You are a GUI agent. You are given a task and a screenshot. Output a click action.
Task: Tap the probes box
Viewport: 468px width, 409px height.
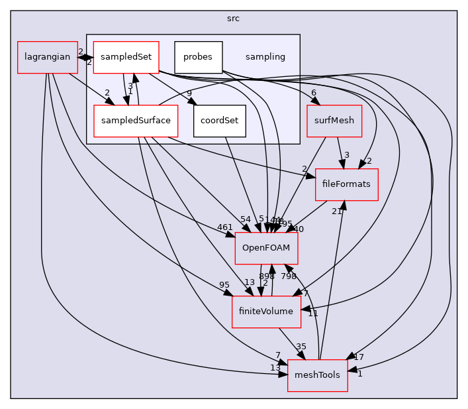click(x=198, y=57)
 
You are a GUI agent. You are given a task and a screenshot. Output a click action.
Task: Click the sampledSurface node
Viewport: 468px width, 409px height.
click(x=135, y=120)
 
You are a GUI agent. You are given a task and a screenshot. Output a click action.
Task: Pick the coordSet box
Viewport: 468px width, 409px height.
click(x=220, y=120)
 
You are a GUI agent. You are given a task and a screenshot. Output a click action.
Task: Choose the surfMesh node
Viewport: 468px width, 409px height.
click(x=334, y=120)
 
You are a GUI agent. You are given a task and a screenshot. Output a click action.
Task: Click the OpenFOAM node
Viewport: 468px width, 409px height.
click(x=267, y=247)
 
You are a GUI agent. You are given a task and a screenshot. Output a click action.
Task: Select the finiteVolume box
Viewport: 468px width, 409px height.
click(x=266, y=311)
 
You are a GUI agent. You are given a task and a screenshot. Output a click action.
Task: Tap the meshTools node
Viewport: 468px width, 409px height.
click(x=317, y=375)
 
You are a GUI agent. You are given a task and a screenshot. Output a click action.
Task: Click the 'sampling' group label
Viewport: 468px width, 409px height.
click(x=265, y=57)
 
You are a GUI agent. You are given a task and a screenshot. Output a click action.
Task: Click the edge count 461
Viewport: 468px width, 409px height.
click(x=225, y=227)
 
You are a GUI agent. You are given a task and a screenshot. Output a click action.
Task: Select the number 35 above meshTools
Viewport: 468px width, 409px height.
click(x=301, y=346)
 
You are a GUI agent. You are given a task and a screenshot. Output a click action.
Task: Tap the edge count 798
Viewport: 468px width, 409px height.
click(x=289, y=275)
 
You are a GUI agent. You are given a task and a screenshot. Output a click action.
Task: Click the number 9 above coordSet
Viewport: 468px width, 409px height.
click(x=189, y=93)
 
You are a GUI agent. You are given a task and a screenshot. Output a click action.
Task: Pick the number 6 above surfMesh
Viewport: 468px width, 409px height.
click(x=313, y=93)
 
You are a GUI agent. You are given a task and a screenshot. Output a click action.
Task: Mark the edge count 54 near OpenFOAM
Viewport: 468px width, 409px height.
click(x=246, y=219)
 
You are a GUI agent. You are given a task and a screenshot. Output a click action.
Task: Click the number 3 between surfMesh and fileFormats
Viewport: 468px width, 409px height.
click(x=346, y=155)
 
